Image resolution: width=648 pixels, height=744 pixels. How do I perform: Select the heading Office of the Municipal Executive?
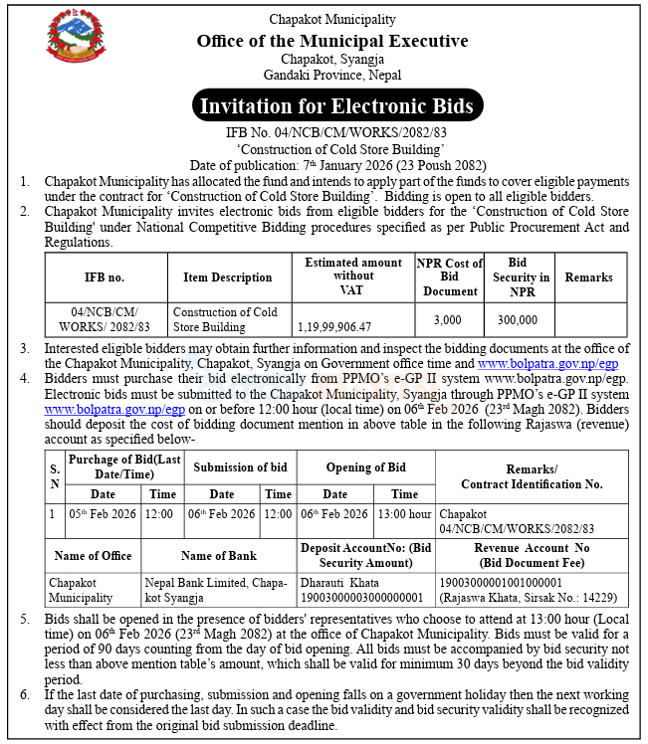(332, 41)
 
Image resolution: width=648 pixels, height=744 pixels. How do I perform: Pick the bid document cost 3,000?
(450, 319)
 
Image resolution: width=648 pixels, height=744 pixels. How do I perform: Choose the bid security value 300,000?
(518, 319)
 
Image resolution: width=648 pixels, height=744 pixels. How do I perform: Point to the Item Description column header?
(227, 278)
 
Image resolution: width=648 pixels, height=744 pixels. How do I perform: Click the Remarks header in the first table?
(588, 278)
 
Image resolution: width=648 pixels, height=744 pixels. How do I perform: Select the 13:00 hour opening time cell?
(405, 514)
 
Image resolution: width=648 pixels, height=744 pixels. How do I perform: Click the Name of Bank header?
(219, 556)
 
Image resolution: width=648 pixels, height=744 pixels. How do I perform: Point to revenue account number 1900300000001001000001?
(501, 583)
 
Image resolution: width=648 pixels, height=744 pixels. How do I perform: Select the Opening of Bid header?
(365, 467)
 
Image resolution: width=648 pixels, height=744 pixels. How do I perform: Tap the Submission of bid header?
(240, 467)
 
